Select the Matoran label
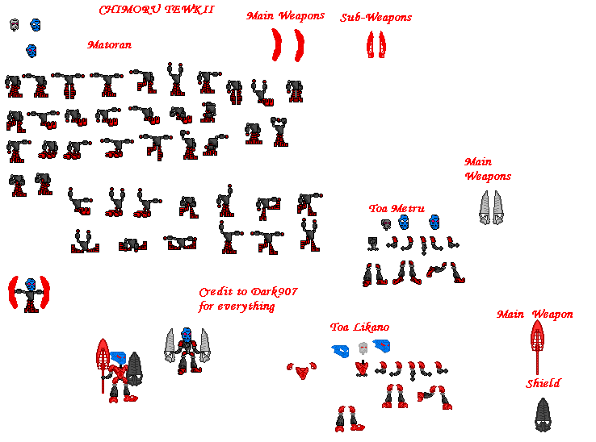coord(109,45)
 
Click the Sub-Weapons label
coord(376,17)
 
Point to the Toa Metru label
coord(397,209)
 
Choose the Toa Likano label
coord(359,327)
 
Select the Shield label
coord(544,384)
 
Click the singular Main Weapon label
coord(535,315)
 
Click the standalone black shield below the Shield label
coord(544,413)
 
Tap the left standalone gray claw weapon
coord(485,206)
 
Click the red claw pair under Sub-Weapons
coord(376,44)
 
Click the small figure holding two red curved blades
coord(30,294)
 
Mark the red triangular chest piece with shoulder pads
coord(302,370)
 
